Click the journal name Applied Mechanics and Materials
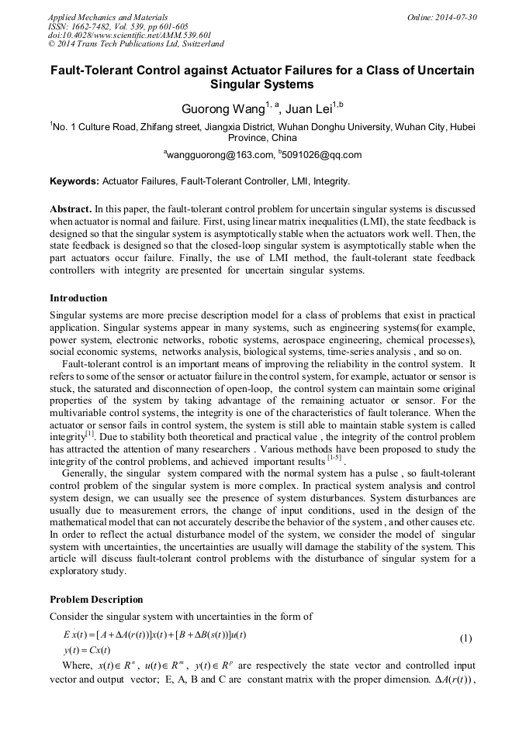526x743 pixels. (x=108, y=17)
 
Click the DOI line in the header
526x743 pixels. (x=130, y=36)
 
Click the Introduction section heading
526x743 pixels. (x=78, y=298)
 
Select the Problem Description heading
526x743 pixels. (x=96, y=600)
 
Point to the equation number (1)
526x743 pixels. (x=465, y=638)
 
